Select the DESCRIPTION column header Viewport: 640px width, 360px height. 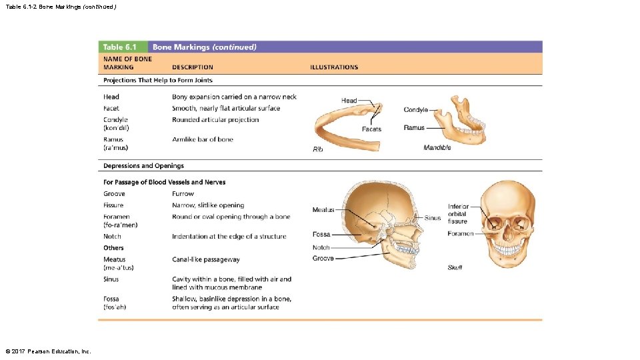pyautogui.click(x=193, y=67)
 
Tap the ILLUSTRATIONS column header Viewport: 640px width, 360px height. pyautogui.click(x=334, y=67)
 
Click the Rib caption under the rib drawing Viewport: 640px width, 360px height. pyautogui.click(x=318, y=149)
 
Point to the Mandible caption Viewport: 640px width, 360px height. pyautogui.click(x=437, y=147)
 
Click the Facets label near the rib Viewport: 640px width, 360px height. pyautogui.click(x=371, y=129)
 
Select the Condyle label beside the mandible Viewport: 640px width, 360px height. pyautogui.click(x=415, y=110)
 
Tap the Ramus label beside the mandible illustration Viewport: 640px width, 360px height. pyautogui.click(x=414, y=128)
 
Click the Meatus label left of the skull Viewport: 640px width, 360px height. pyautogui.click(x=323, y=210)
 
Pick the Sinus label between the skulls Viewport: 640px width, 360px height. pyautogui.click(x=433, y=218)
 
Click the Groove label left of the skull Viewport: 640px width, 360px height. pyautogui.click(x=323, y=258)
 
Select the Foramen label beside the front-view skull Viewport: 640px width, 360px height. pyautogui.click(x=461, y=234)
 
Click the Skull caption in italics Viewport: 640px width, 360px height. pyautogui.click(x=455, y=267)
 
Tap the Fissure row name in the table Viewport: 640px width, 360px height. pyautogui.click(x=113, y=205)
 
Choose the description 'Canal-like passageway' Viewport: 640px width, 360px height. pyautogui.click(x=206, y=260)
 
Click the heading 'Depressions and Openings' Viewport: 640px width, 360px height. pyautogui.click(x=143, y=166)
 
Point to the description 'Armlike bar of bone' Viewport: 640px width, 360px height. pyautogui.click(x=203, y=140)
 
